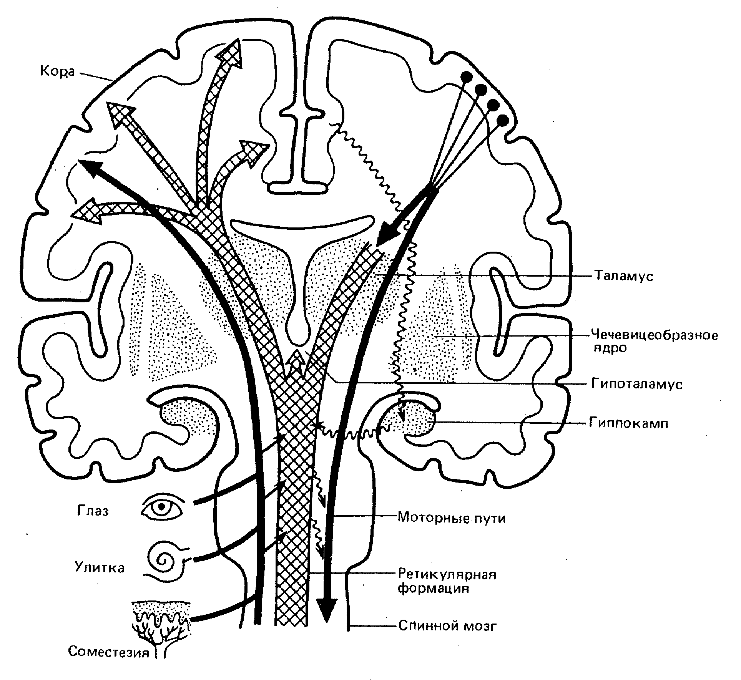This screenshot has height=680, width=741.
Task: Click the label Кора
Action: coord(57,71)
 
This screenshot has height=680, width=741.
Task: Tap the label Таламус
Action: coord(623,276)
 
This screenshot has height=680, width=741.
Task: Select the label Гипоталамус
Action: coord(636,384)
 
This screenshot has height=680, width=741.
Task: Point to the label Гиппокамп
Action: coord(628,423)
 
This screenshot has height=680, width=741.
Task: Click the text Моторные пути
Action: coord(451,518)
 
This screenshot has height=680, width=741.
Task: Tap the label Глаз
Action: coord(93,511)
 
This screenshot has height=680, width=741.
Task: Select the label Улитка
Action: coord(100,567)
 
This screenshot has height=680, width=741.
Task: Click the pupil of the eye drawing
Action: coord(162,506)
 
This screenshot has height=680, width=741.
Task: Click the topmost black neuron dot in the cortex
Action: coord(467,76)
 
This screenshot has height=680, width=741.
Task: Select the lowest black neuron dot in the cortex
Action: coord(503,121)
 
